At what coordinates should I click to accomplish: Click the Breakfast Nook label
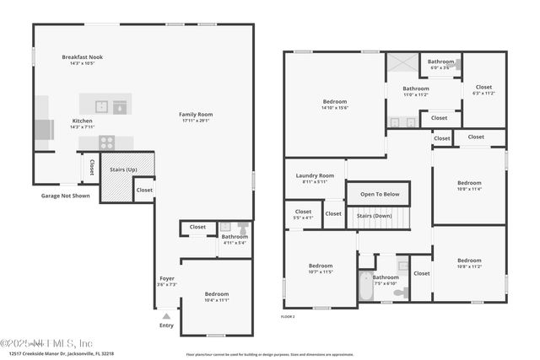coord(82,57)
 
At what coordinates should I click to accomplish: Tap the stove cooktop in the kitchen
coord(107,142)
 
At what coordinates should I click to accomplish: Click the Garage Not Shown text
coord(65,196)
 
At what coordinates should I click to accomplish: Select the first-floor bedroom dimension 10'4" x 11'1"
coord(217,300)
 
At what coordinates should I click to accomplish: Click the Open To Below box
coord(379,194)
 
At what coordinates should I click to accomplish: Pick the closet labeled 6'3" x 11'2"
coord(483,89)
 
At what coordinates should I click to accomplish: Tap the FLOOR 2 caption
coord(289,315)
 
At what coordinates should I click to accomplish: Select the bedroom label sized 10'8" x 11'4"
coord(469,190)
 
